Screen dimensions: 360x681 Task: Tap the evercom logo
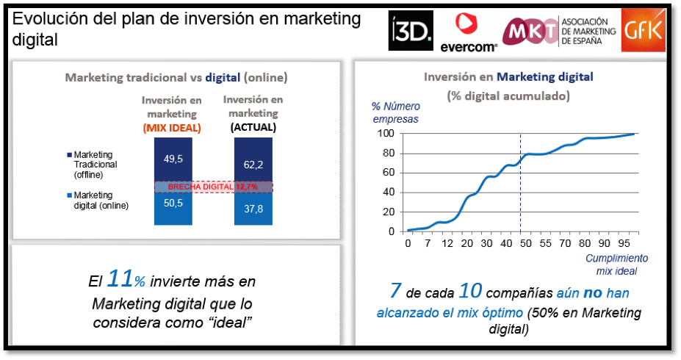[469, 33]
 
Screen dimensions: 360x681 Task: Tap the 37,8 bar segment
[253, 214]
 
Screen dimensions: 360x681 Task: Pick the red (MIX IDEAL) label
[172, 127]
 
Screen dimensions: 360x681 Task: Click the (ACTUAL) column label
[253, 127]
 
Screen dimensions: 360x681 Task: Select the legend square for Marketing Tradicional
[68, 155]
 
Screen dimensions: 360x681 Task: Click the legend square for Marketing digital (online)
[68, 195]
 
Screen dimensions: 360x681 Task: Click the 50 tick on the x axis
[527, 243]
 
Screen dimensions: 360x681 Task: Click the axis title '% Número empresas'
[394, 112]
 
